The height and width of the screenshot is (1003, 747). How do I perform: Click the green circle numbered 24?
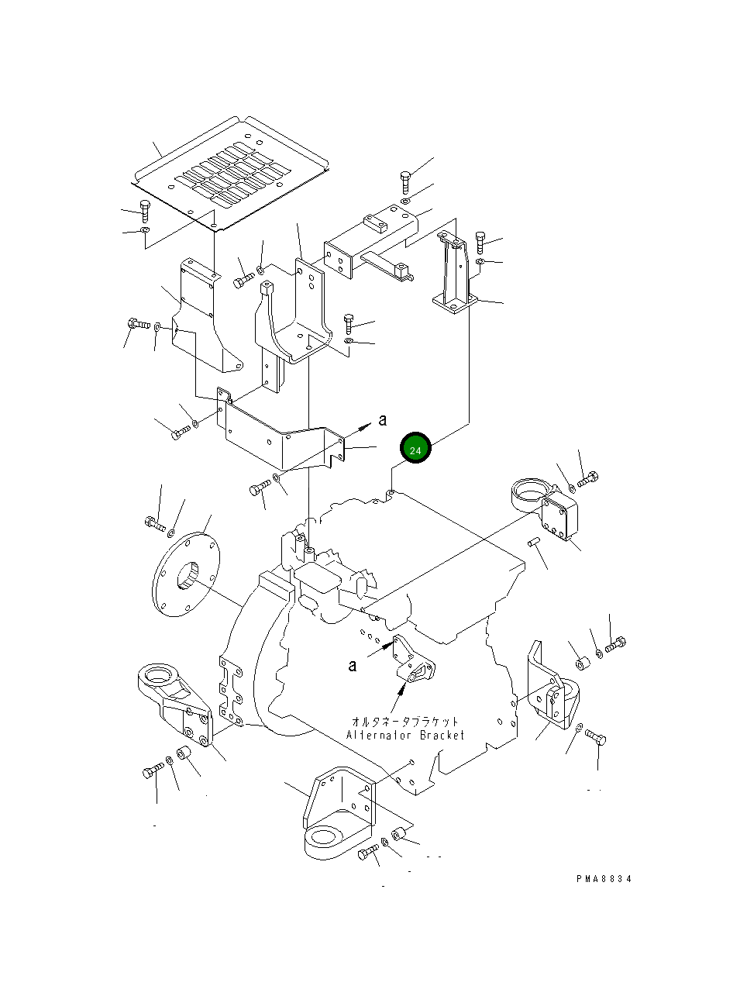415,448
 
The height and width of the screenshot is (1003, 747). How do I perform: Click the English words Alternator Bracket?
405,736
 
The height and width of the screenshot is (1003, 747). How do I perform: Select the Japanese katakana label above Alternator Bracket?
405,721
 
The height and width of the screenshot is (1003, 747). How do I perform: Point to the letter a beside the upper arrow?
383,420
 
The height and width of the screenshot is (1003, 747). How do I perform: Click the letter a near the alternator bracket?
353,665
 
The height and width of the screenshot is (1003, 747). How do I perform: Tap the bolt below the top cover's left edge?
145,211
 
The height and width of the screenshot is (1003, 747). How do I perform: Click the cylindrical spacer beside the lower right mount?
583,663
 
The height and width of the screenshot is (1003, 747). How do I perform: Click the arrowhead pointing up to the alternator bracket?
402,688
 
